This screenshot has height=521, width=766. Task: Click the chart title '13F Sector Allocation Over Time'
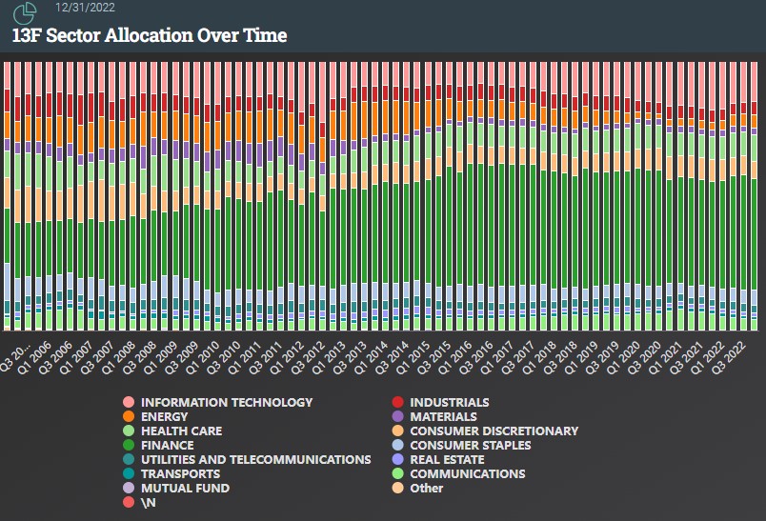150,36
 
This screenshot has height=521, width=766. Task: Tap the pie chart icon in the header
25,12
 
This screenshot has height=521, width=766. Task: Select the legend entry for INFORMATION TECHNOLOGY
226,403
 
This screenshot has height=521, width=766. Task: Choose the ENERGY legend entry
164,417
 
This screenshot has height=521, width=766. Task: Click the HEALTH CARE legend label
181,431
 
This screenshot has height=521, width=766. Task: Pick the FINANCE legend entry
167,446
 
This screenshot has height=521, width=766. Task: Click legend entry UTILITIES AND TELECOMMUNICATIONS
255,460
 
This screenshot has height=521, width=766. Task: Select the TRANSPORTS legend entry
180,474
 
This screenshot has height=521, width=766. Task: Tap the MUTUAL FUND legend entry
185,489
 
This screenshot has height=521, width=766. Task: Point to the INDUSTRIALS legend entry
449,403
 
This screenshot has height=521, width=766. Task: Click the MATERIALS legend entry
443,417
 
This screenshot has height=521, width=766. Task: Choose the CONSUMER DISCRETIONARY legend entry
494,431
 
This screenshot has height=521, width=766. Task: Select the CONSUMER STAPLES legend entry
471,446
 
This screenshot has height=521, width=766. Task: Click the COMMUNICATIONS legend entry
467,474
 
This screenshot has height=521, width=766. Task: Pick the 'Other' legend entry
426,489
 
